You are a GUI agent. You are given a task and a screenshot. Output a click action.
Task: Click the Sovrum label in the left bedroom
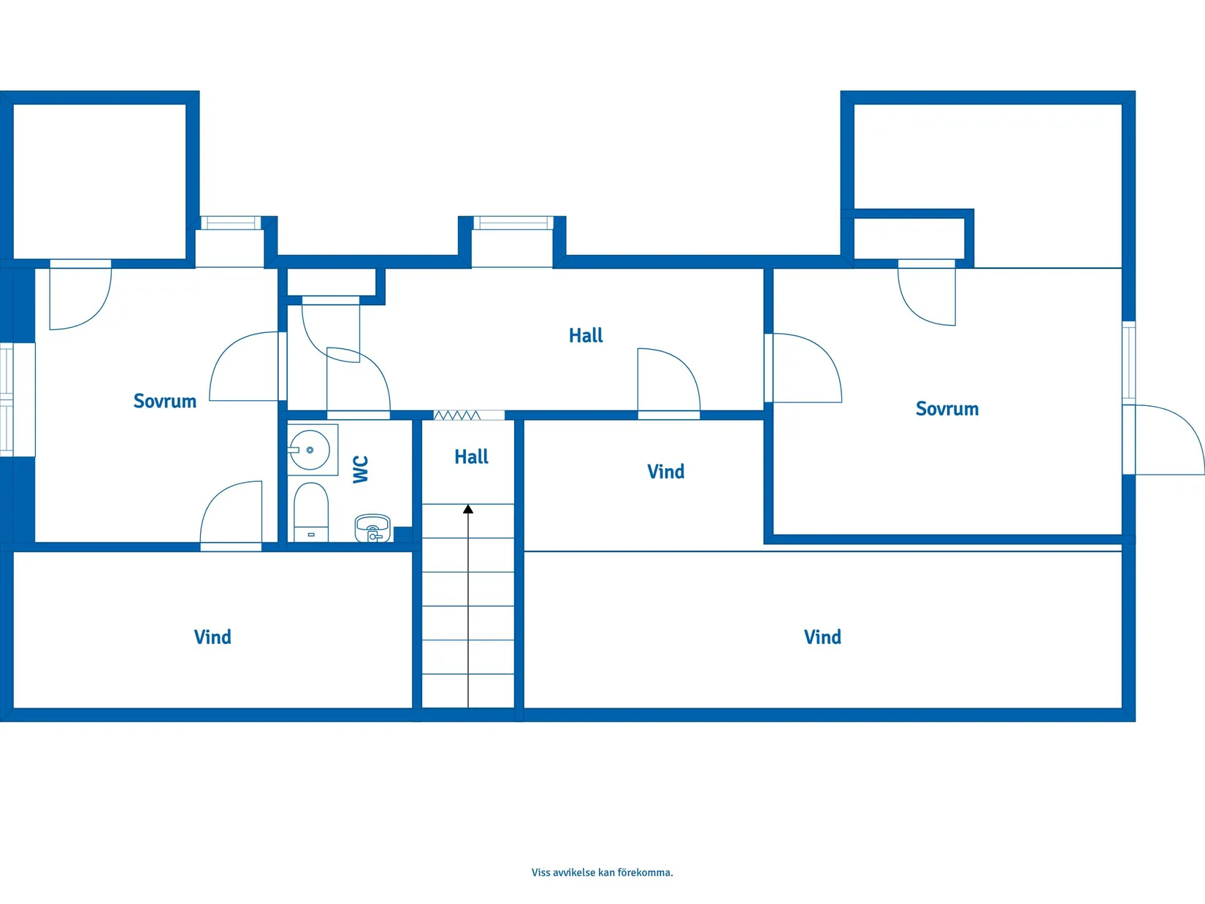165,401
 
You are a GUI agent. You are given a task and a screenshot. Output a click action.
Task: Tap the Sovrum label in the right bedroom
947,409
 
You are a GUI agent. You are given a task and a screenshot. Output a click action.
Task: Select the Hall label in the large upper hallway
586,335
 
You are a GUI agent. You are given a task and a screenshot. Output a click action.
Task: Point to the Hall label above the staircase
472,456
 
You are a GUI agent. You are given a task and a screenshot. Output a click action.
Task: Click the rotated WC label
360,470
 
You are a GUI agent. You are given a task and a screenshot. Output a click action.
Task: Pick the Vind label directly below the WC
213,637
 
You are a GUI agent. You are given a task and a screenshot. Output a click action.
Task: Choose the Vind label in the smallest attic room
666,472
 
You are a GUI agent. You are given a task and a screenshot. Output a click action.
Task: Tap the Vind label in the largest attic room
822,637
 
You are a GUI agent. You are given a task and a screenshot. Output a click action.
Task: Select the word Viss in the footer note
541,873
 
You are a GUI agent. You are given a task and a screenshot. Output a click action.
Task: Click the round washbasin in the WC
310,450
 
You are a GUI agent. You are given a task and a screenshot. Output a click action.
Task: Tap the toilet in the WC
311,513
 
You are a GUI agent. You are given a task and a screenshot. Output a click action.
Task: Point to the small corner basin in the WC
372,528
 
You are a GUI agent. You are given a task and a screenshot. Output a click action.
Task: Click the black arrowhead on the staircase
467,510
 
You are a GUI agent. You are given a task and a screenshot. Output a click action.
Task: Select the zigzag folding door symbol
456,415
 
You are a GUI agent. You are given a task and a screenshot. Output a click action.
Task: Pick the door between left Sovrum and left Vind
231,516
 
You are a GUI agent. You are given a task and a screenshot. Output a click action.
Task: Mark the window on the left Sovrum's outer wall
7,399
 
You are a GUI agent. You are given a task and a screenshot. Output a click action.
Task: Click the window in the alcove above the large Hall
513,223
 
